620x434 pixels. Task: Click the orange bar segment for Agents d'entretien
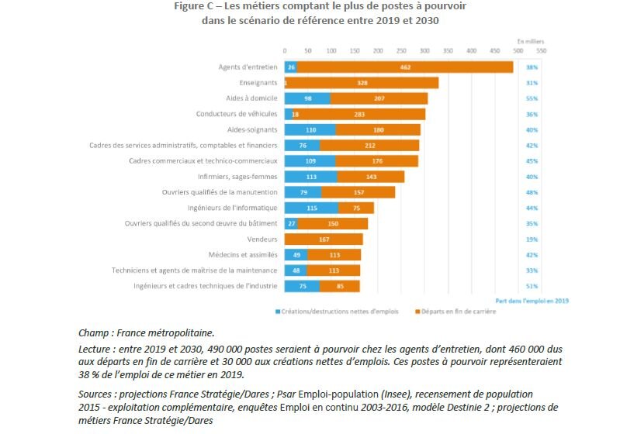pos(404,67)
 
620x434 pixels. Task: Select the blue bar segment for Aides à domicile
pos(307,98)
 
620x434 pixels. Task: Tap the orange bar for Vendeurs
pos(324,239)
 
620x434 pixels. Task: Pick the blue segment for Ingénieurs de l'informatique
pos(311,208)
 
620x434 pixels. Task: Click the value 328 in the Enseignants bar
pos(362,83)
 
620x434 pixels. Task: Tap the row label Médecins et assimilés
pos(246,255)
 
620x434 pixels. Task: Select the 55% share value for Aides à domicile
pos(532,98)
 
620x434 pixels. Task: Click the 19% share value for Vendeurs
pos(532,239)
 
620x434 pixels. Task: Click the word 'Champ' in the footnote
pos(96,332)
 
